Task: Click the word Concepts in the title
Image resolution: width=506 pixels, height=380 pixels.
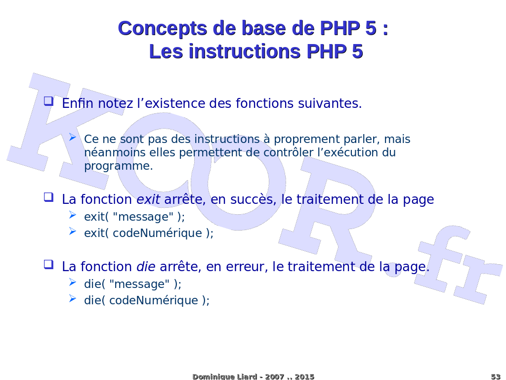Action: (x=162, y=28)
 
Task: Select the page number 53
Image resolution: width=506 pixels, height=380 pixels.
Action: (x=496, y=377)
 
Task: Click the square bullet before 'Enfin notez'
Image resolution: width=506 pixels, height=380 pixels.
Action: (x=49, y=101)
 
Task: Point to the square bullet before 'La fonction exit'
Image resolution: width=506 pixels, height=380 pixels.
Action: (x=49, y=197)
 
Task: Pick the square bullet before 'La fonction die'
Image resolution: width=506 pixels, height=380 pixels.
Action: (x=49, y=264)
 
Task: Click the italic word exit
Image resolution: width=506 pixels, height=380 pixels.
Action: (x=148, y=199)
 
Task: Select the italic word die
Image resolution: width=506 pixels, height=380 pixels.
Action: (x=146, y=267)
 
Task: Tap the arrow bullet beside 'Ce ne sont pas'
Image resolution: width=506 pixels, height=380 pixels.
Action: (x=73, y=138)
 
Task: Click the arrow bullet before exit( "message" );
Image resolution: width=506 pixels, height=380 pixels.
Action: (x=73, y=215)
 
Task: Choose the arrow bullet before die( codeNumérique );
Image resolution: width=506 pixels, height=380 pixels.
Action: (x=73, y=298)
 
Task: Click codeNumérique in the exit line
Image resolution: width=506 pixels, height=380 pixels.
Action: (x=157, y=233)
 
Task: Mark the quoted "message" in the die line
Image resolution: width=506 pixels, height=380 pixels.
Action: (x=139, y=284)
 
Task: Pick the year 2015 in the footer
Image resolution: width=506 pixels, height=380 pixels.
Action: (x=304, y=377)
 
